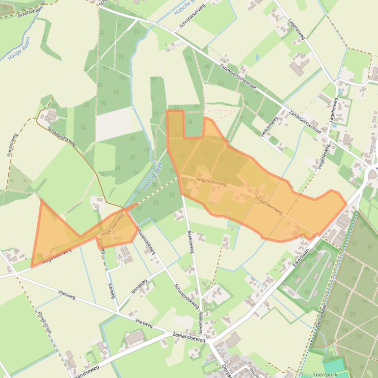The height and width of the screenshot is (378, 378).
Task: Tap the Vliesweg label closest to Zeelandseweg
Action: tap(143, 324)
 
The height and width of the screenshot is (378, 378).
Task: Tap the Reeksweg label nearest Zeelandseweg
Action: tap(201, 322)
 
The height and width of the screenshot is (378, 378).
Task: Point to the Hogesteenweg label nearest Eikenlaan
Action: tap(269, 205)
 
